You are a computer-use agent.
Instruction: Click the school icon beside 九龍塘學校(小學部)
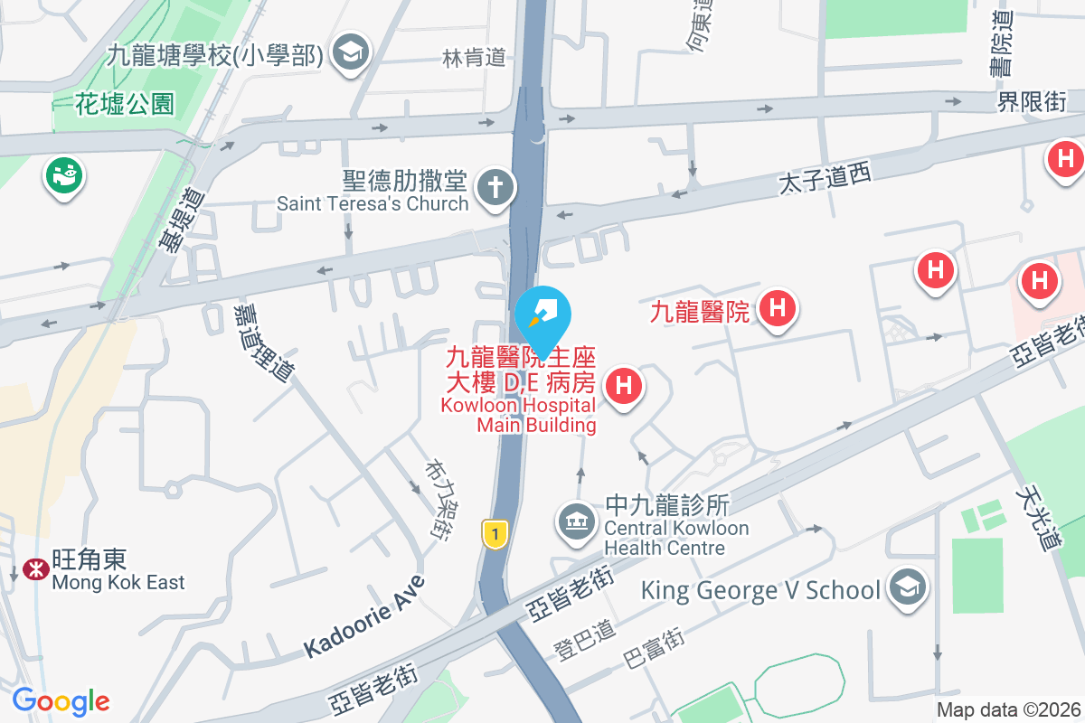[x=347, y=53]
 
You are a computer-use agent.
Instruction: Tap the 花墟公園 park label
[x=125, y=104]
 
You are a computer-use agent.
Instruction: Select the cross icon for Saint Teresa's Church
[x=495, y=187]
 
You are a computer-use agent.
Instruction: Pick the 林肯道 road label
[x=474, y=58]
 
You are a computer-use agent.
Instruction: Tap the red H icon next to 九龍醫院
[x=778, y=308]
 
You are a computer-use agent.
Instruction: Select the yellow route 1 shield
[x=494, y=533]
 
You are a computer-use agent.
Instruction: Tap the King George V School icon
[x=906, y=588]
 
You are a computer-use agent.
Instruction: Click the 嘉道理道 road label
[x=263, y=341]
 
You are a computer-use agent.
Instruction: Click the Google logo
[x=61, y=701]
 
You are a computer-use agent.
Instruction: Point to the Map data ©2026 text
[x=1007, y=709]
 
